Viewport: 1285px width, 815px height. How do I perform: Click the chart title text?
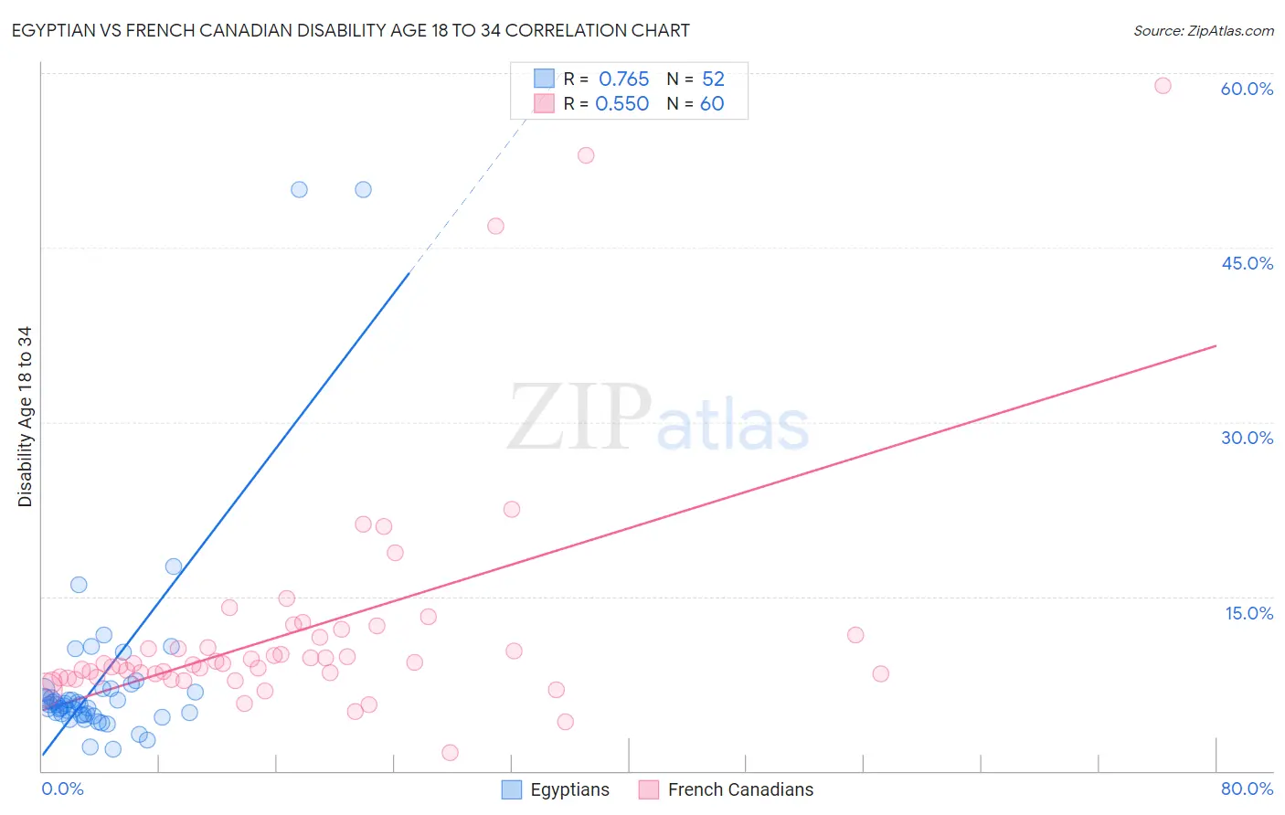point(350,30)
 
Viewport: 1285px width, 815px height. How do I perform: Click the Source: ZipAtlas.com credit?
point(1203,30)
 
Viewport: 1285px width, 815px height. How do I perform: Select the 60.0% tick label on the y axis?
point(1247,89)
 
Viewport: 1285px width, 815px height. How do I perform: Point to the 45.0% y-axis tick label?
point(1247,263)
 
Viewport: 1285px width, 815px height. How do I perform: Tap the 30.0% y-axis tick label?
point(1247,438)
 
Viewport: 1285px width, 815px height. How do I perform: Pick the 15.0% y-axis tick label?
point(1248,613)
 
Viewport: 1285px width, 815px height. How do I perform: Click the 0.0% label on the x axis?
point(62,789)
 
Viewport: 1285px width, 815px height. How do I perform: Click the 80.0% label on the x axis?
point(1247,789)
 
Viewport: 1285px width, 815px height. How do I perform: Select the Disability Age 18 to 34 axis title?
point(25,417)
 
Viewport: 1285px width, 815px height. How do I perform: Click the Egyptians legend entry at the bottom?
point(556,789)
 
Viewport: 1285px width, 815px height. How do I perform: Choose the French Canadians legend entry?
point(727,789)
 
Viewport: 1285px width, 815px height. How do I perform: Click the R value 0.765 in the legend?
point(623,79)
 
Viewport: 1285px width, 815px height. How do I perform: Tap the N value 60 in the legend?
point(712,104)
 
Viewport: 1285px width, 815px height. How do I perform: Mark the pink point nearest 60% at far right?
point(1163,86)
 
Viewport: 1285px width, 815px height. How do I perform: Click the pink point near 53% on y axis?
point(586,155)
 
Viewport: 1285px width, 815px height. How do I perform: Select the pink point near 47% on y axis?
point(495,226)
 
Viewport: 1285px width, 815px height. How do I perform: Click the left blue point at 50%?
point(299,189)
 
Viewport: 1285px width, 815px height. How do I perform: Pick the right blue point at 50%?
point(363,189)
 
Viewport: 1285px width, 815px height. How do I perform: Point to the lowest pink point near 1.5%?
point(450,753)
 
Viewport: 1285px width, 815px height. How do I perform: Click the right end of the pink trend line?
point(1216,345)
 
